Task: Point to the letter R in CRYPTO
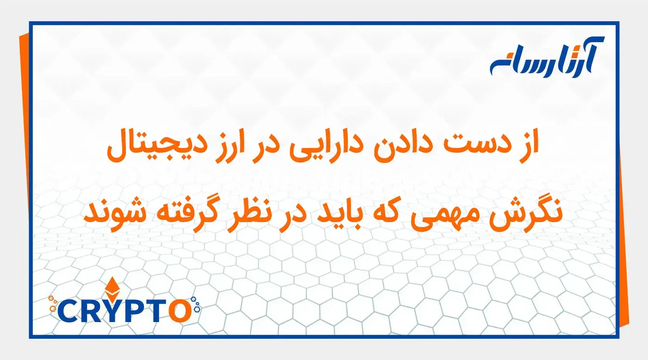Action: click(x=91, y=311)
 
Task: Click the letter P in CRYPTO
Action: click(x=134, y=311)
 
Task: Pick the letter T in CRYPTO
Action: click(x=156, y=311)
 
